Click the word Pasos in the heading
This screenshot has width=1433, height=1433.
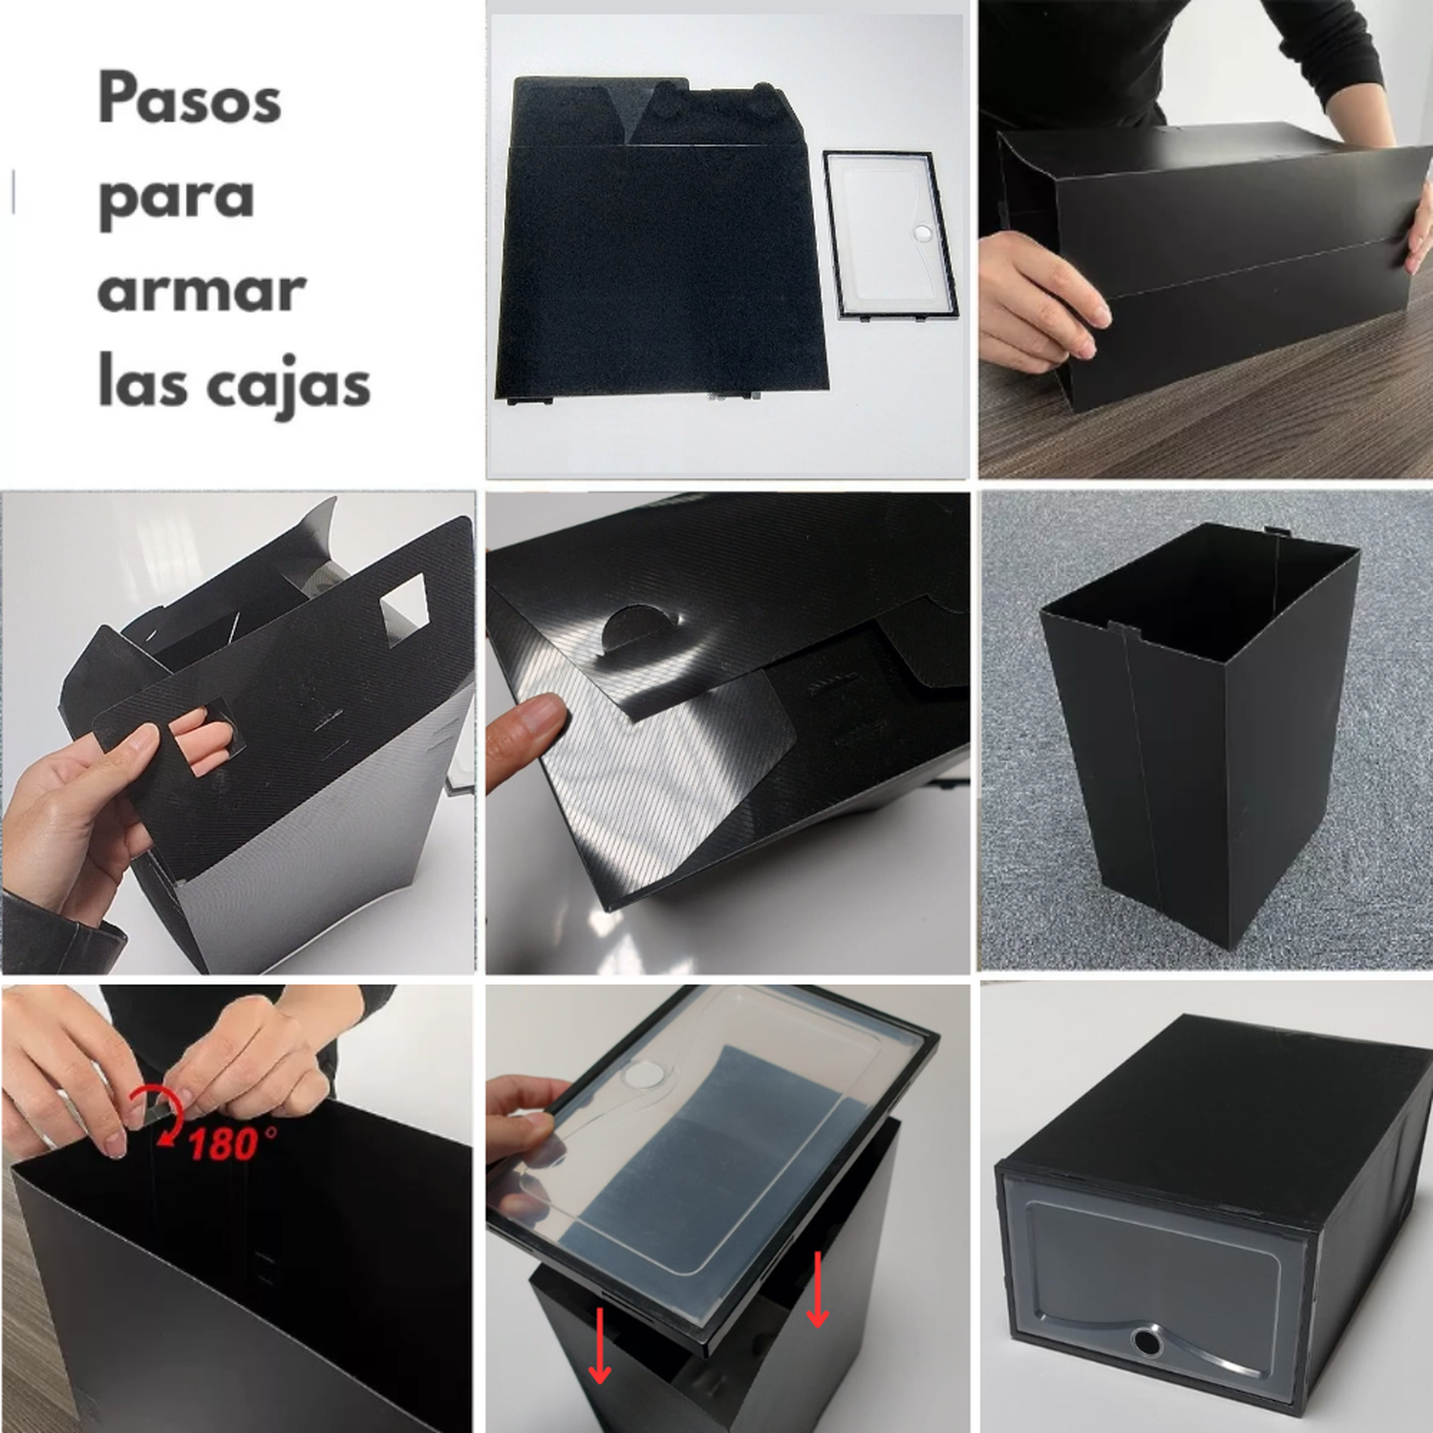pos(189,98)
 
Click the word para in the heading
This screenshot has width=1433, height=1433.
pos(176,199)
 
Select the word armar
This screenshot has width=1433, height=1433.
pos(201,290)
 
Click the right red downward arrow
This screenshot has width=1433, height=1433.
pos(817,1289)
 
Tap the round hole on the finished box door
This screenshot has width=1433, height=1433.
pos(1148,1341)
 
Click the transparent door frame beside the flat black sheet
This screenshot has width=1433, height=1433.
pos(889,234)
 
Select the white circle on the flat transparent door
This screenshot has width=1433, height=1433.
pos(922,232)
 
